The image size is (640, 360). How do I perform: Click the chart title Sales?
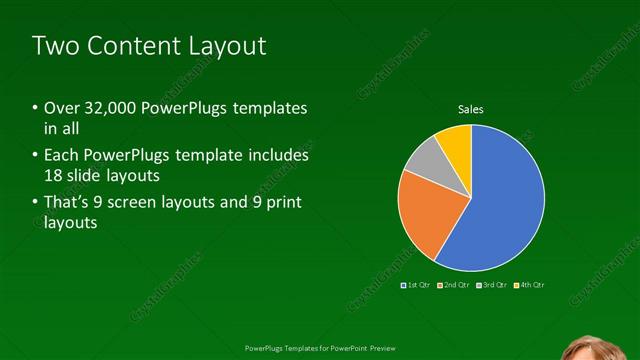point(471,109)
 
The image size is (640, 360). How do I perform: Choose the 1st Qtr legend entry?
point(416,286)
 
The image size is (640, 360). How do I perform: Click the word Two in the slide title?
point(52,46)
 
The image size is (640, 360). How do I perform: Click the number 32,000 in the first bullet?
point(115,108)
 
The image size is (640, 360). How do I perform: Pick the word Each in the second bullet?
point(62,156)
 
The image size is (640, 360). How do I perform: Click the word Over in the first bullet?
point(63,108)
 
